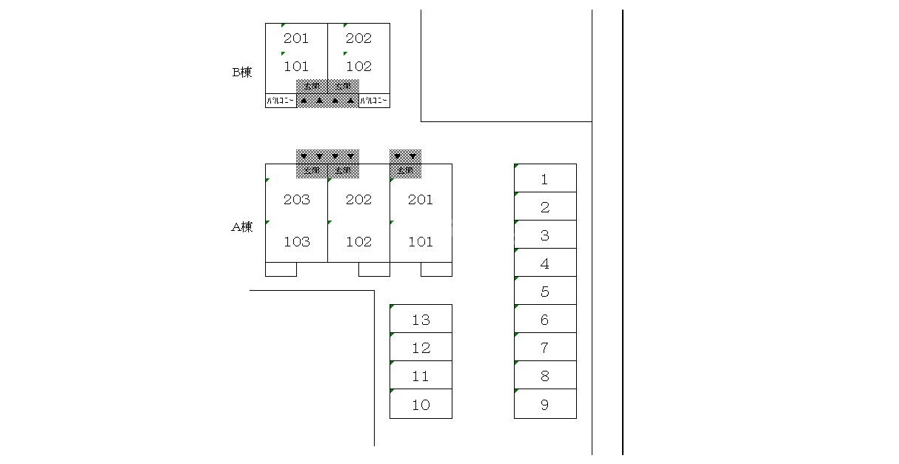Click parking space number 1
click(x=545, y=179)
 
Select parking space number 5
click(x=545, y=292)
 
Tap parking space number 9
click(x=545, y=405)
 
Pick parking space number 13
click(x=421, y=320)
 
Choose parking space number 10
click(x=421, y=405)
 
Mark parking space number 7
click(x=545, y=348)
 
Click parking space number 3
click(x=545, y=235)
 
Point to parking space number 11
click(x=421, y=376)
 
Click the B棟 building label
click(x=242, y=73)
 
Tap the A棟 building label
click(x=242, y=227)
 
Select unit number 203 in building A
click(x=296, y=200)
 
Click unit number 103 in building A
click(x=296, y=242)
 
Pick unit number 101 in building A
click(x=421, y=242)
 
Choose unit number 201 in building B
click(x=296, y=38)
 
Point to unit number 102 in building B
click(x=358, y=67)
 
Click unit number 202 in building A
click(x=358, y=200)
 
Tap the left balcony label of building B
click(x=281, y=101)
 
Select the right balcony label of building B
click(x=374, y=101)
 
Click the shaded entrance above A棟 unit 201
click(x=405, y=164)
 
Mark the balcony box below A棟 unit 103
click(x=281, y=269)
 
